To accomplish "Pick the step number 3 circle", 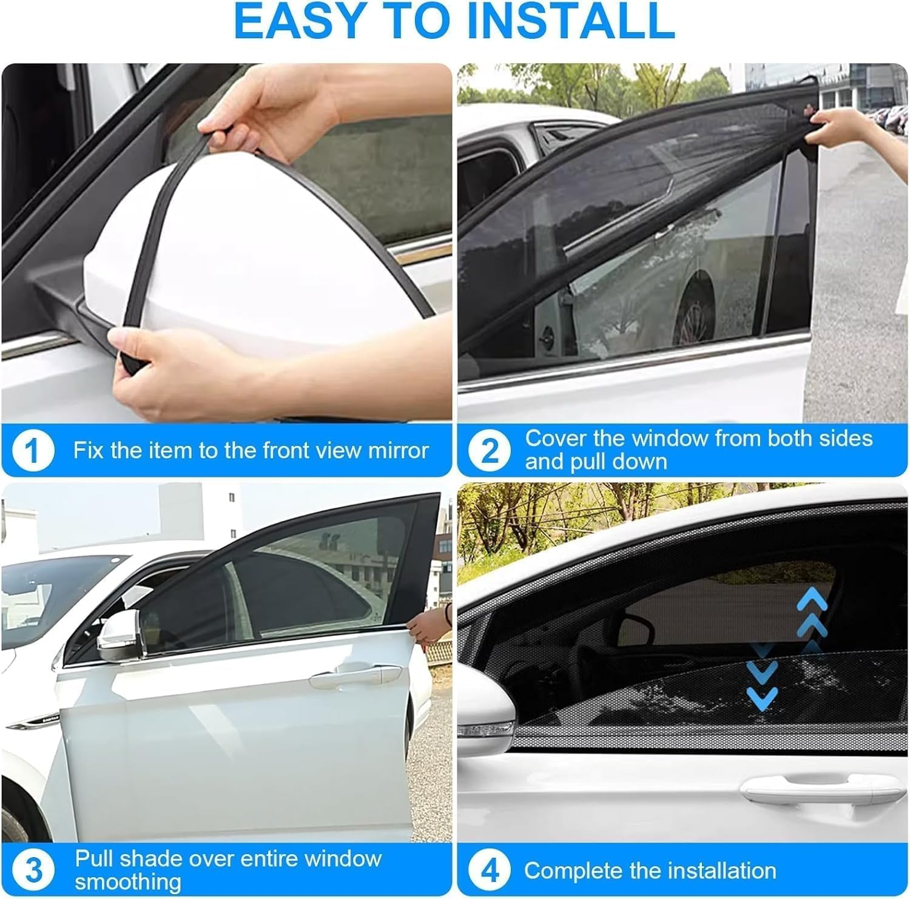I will click(x=33, y=870).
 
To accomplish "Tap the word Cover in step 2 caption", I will click(x=550, y=438).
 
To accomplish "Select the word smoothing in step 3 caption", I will click(x=127, y=881).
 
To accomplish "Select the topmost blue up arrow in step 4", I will click(x=812, y=601).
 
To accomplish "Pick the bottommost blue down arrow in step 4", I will click(x=762, y=698).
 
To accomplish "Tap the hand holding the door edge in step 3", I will click(x=428, y=628).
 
